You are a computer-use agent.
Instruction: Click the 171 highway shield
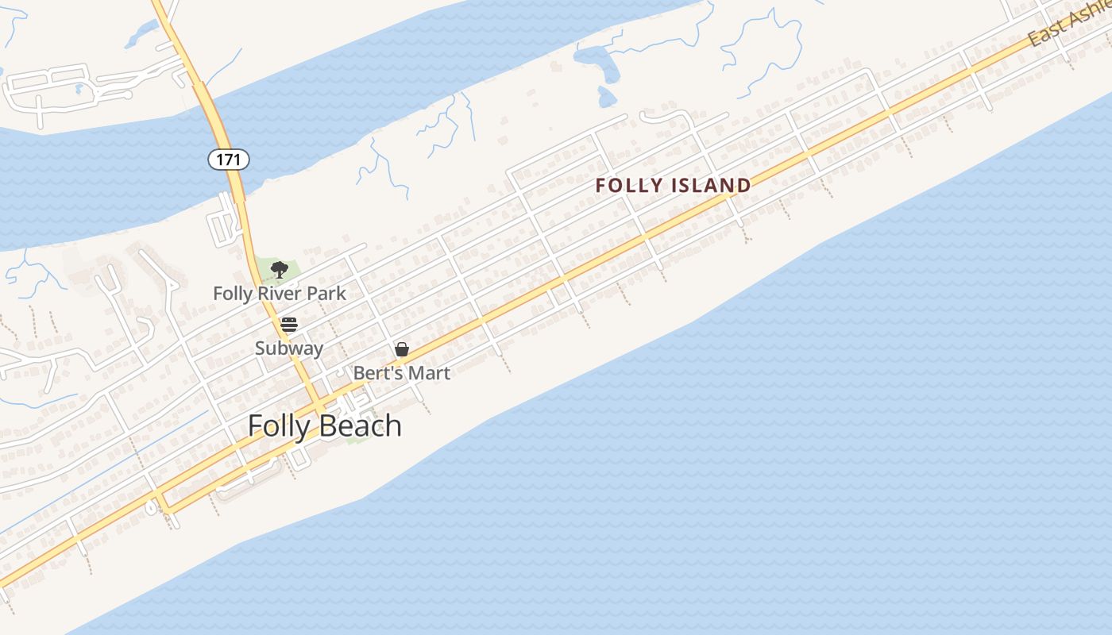pyautogui.click(x=229, y=160)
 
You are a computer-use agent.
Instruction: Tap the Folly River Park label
pyautogui.click(x=280, y=294)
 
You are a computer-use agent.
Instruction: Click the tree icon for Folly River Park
pyautogui.click(x=279, y=270)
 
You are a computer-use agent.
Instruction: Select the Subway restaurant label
pyautogui.click(x=289, y=348)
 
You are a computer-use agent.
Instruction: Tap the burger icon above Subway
pyautogui.click(x=289, y=325)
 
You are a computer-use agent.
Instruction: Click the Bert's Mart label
pyautogui.click(x=401, y=373)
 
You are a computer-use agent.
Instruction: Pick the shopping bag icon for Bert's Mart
pyautogui.click(x=402, y=349)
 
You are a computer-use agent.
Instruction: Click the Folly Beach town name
pyautogui.click(x=325, y=426)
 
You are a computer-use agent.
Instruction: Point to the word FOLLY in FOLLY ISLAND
pyautogui.click(x=628, y=186)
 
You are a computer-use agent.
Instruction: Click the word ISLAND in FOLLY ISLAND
pyautogui.click(x=711, y=186)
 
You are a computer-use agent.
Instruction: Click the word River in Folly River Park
pyautogui.click(x=280, y=294)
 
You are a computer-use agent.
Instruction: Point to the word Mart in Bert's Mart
pyautogui.click(x=429, y=373)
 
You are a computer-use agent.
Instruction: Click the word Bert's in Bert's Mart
pyautogui.click(x=376, y=373)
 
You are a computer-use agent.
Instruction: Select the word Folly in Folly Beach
pyautogui.click(x=279, y=426)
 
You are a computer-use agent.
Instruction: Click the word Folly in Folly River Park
pyautogui.click(x=232, y=294)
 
